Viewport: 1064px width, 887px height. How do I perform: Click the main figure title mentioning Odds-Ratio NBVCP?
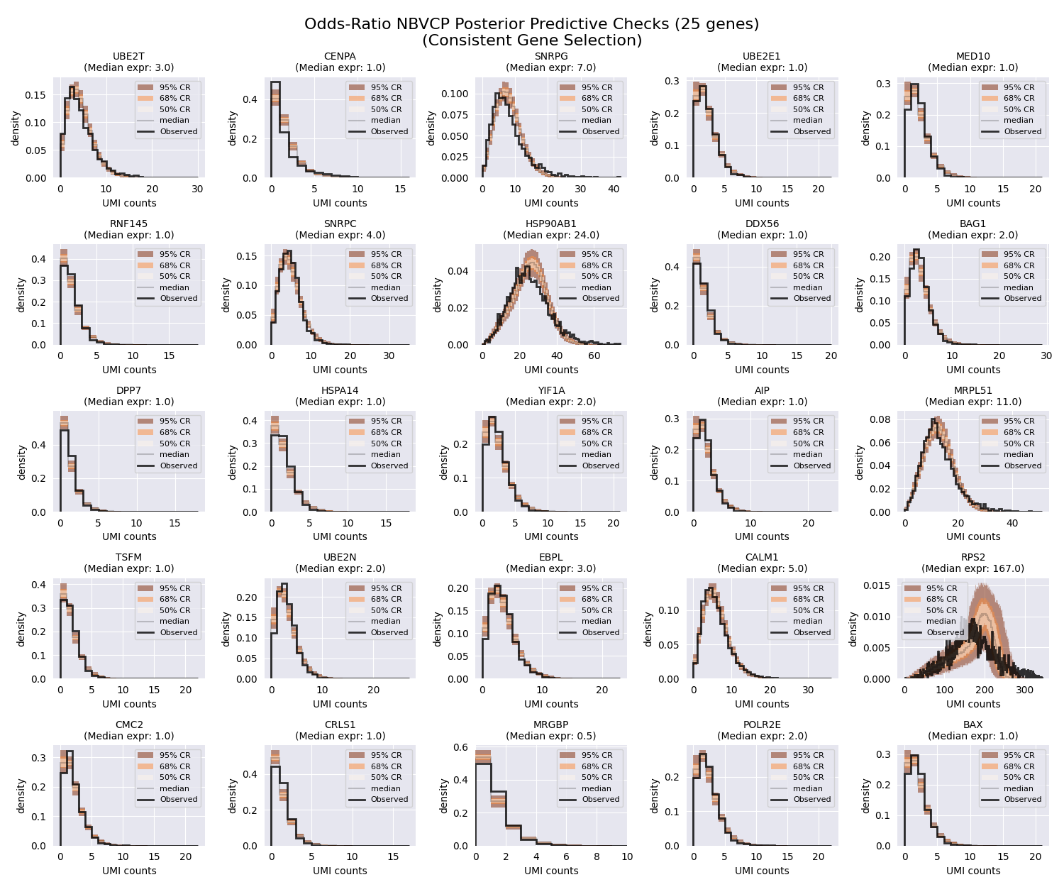(x=531, y=24)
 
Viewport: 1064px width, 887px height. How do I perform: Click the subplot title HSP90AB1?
(x=550, y=224)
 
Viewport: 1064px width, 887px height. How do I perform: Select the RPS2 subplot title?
(x=972, y=558)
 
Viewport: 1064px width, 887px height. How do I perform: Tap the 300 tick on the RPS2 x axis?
(x=1024, y=690)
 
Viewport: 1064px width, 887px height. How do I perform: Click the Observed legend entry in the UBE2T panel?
(x=178, y=131)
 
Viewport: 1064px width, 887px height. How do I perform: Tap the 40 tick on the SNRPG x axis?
(x=614, y=189)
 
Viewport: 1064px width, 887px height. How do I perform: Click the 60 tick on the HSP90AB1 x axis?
(x=594, y=356)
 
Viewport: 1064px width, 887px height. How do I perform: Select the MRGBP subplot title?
(x=550, y=725)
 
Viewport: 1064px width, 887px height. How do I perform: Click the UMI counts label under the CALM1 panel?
(x=762, y=704)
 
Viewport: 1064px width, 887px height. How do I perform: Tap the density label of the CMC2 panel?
(x=22, y=796)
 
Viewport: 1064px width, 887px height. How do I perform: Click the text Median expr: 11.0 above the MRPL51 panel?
(x=972, y=402)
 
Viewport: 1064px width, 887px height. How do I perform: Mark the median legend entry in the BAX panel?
(x=1018, y=788)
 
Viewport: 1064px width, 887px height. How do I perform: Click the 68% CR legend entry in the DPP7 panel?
(x=174, y=432)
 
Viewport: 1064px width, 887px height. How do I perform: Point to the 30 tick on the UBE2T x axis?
(x=197, y=189)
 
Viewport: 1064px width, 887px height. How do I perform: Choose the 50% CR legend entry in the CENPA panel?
(x=385, y=109)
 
